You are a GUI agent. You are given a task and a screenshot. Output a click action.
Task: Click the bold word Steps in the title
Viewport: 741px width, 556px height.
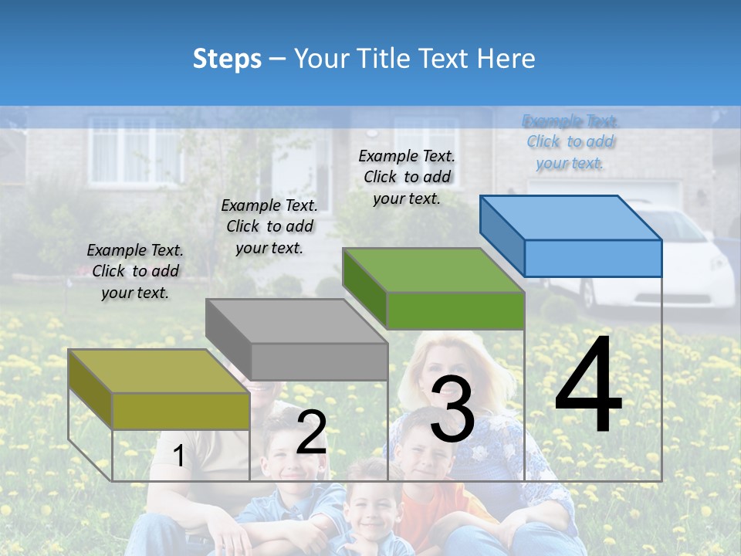tap(227, 59)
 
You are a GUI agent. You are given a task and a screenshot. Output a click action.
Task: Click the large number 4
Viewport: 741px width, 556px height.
tap(588, 386)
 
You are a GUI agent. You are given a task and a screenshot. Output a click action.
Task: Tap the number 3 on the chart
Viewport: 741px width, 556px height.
tap(452, 410)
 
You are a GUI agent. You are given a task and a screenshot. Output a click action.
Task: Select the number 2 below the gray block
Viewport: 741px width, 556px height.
tap(311, 432)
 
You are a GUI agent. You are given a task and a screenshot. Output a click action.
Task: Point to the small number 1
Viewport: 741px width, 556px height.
tap(179, 456)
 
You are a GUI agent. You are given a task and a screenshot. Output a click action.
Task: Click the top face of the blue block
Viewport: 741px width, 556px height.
tap(570, 218)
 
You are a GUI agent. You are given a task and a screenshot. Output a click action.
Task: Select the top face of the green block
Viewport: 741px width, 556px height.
tap(434, 270)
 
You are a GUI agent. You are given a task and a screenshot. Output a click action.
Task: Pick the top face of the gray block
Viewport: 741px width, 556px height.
tap(296, 320)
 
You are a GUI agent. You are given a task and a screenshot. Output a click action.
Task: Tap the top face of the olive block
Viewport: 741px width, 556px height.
tap(159, 371)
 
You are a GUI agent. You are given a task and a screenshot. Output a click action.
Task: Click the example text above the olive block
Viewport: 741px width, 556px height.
tap(135, 271)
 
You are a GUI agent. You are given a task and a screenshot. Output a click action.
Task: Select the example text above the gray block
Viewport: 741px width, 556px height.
tap(269, 226)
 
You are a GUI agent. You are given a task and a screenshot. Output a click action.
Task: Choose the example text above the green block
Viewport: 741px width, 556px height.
tap(407, 177)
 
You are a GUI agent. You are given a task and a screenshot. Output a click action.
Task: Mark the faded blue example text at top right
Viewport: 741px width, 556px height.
tap(570, 141)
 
